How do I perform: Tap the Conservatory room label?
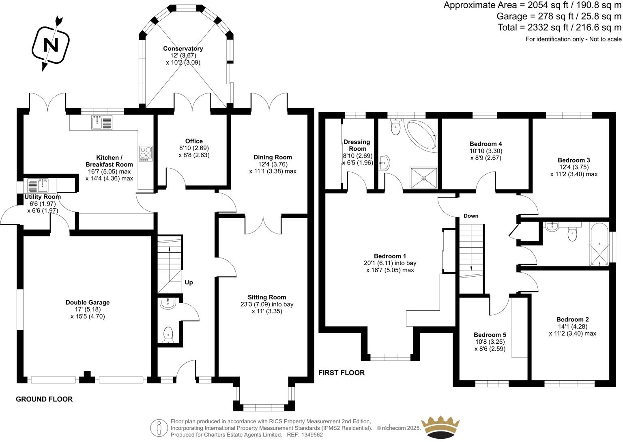pos(183,49)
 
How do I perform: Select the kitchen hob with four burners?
pos(146,153)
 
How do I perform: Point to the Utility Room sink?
pos(38,186)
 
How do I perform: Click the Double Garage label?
pos(88,302)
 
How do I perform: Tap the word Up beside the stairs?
pos(189,282)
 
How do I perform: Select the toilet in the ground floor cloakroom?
pos(168,335)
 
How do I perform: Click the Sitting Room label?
pos(267,297)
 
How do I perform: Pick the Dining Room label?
pos(273,157)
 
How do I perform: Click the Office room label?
pos(194,141)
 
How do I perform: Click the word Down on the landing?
pos(471,216)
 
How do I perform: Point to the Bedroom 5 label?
pos(490,335)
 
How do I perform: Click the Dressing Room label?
pos(357,145)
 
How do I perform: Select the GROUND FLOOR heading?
pos(44,399)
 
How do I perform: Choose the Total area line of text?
pos(559,28)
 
